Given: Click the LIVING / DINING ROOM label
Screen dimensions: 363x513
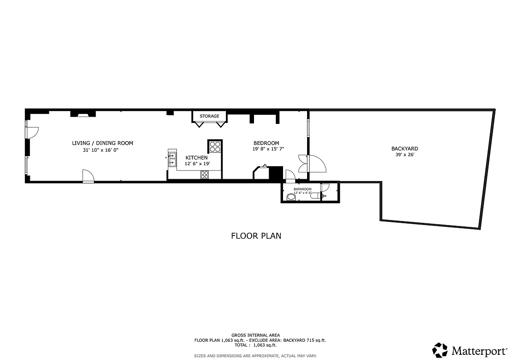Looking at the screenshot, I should pyautogui.click(x=103, y=143).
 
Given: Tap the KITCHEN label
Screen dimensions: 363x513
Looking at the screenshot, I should pyautogui.click(x=196, y=157).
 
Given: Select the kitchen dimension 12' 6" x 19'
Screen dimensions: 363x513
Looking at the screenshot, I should pyautogui.click(x=197, y=163).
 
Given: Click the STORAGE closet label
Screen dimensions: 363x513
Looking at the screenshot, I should pyautogui.click(x=209, y=116).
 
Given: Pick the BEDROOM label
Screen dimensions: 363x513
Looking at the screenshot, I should pyautogui.click(x=266, y=143).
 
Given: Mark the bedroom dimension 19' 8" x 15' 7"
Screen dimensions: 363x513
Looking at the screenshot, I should pyautogui.click(x=274, y=149).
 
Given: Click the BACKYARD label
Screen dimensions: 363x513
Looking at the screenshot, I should pyautogui.click(x=405, y=148).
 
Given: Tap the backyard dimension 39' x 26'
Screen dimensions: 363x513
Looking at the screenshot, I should pyautogui.click(x=405, y=155).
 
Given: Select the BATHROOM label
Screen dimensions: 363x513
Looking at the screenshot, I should pyautogui.click(x=303, y=189).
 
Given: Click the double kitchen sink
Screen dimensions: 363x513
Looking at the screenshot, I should pyautogui.click(x=172, y=158).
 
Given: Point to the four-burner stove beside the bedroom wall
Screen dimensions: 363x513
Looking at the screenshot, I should pyautogui.click(x=215, y=146).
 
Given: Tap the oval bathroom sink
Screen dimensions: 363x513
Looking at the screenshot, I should pyautogui.click(x=291, y=197).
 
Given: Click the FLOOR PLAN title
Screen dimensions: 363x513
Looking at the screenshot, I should pyautogui.click(x=256, y=235).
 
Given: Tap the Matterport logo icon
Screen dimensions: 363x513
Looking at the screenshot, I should pyautogui.click(x=440, y=350).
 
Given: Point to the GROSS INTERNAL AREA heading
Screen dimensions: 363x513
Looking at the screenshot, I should pyautogui.click(x=255, y=335).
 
